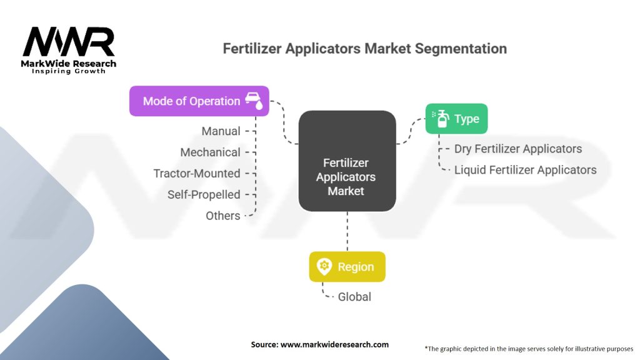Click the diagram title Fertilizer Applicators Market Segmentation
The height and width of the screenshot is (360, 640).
point(364,49)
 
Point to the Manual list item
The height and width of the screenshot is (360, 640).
point(221,131)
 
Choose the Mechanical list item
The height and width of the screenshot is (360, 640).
point(210,152)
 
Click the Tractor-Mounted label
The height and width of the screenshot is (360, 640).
point(197,173)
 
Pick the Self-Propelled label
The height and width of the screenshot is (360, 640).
point(204,194)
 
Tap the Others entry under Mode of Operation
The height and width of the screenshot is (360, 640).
point(222,216)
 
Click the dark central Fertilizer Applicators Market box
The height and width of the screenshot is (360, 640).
point(347,161)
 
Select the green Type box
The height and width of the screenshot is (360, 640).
point(456,119)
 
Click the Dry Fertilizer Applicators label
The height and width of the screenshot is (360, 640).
point(518,149)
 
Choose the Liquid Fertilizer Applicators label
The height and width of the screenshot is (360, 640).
point(525,169)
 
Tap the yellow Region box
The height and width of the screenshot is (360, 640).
point(347,267)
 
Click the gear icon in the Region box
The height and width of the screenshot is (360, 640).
point(324,267)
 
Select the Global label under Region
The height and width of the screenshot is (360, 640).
point(354,297)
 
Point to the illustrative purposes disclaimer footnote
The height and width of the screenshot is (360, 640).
point(529,348)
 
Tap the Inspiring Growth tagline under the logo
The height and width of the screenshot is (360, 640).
point(69,71)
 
